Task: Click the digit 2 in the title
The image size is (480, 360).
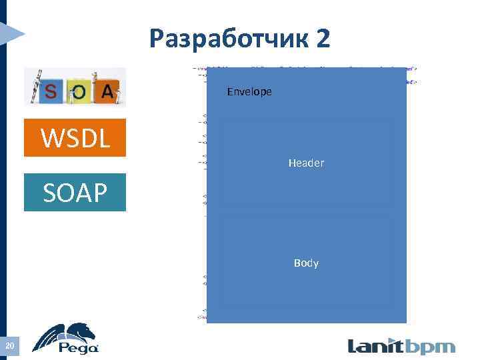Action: click(323, 39)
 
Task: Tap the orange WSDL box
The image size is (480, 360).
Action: click(75, 138)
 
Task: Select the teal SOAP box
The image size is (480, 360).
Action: click(75, 193)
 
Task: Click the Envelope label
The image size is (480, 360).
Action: click(249, 91)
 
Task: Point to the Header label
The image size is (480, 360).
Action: click(306, 163)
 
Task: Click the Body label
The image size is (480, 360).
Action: click(306, 263)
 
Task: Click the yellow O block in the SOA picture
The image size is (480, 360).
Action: click(79, 93)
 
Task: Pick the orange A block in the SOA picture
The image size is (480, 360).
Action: click(107, 92)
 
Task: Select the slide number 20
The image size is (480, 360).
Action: click(10, 345)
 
